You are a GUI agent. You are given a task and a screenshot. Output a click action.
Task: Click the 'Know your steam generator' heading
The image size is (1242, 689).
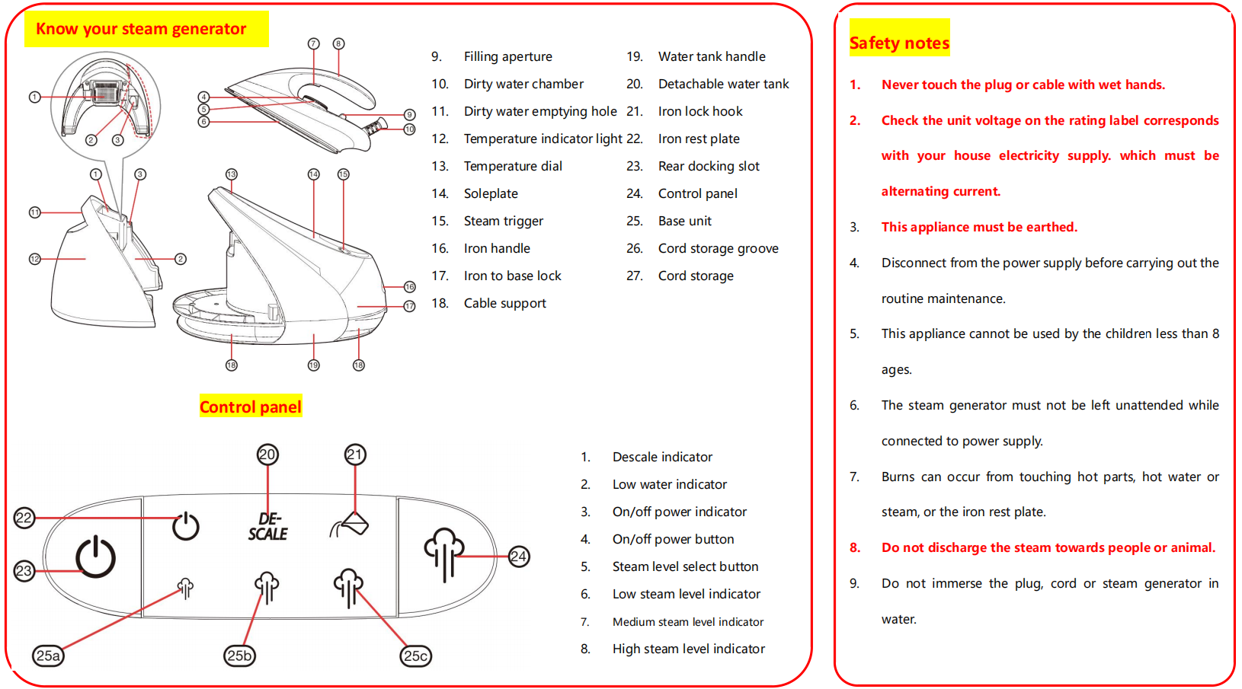pos(141,29)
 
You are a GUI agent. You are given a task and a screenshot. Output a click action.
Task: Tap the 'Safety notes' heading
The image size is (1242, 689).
pos(899,43)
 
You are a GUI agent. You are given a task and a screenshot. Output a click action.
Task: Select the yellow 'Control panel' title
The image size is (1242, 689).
pos(251,407)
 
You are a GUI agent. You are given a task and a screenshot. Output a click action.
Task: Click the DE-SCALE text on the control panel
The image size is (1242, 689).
pos(267,526)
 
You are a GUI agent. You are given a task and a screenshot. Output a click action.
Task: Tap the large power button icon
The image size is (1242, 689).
pos(96,557)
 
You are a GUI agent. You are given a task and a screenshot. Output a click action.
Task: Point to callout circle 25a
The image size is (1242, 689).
pos(48,656)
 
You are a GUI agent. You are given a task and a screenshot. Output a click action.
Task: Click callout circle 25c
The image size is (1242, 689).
pos(416,656)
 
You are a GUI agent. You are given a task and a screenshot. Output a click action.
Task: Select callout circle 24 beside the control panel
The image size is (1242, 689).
pos(519,557)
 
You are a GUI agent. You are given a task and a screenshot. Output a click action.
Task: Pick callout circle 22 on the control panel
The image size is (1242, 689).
pos(24,518)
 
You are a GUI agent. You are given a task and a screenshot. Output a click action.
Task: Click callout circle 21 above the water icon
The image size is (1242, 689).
pos(355,455)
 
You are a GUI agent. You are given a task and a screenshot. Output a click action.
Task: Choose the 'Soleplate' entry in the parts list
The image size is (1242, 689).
pos(491,193)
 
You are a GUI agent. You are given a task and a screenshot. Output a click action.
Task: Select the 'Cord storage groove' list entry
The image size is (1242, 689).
pos(718,248)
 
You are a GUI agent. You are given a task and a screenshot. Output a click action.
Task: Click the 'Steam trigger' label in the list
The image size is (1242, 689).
pos(504,221)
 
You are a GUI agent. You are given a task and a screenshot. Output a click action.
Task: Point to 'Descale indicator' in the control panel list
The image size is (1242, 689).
pos(662,457)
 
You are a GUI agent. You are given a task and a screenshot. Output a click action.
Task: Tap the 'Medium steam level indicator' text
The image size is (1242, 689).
pos(687,622)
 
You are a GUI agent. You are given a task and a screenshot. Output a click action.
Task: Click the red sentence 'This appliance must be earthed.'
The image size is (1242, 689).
pos(979,227)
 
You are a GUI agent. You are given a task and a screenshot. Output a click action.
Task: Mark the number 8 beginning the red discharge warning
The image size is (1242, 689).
pos(855,547)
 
